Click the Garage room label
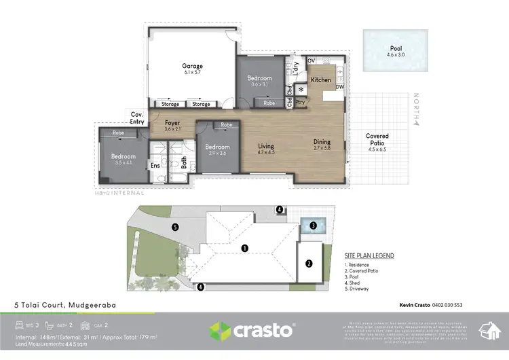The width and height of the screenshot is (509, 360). coord(193,66)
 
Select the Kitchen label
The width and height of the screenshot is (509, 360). coord(320,80)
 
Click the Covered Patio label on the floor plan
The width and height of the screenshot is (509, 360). coord(377,140)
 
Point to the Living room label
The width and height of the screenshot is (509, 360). coord(265,145)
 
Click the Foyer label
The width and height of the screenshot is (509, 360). coord(171,123)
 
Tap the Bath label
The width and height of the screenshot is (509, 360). coord(183,162)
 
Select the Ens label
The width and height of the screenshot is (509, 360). coord(155,164)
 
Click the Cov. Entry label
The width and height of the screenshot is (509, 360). coord(137,118)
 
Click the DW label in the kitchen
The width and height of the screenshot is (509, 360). coord(339,87)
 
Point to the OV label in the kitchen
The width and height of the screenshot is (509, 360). coord(312,61)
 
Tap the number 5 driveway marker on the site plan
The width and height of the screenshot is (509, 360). coord(175,227)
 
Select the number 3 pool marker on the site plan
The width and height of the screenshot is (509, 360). coord(313,226)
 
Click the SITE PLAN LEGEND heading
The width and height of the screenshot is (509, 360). coord(370,255)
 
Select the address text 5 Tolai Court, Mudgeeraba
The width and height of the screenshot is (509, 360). coord(66,305)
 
